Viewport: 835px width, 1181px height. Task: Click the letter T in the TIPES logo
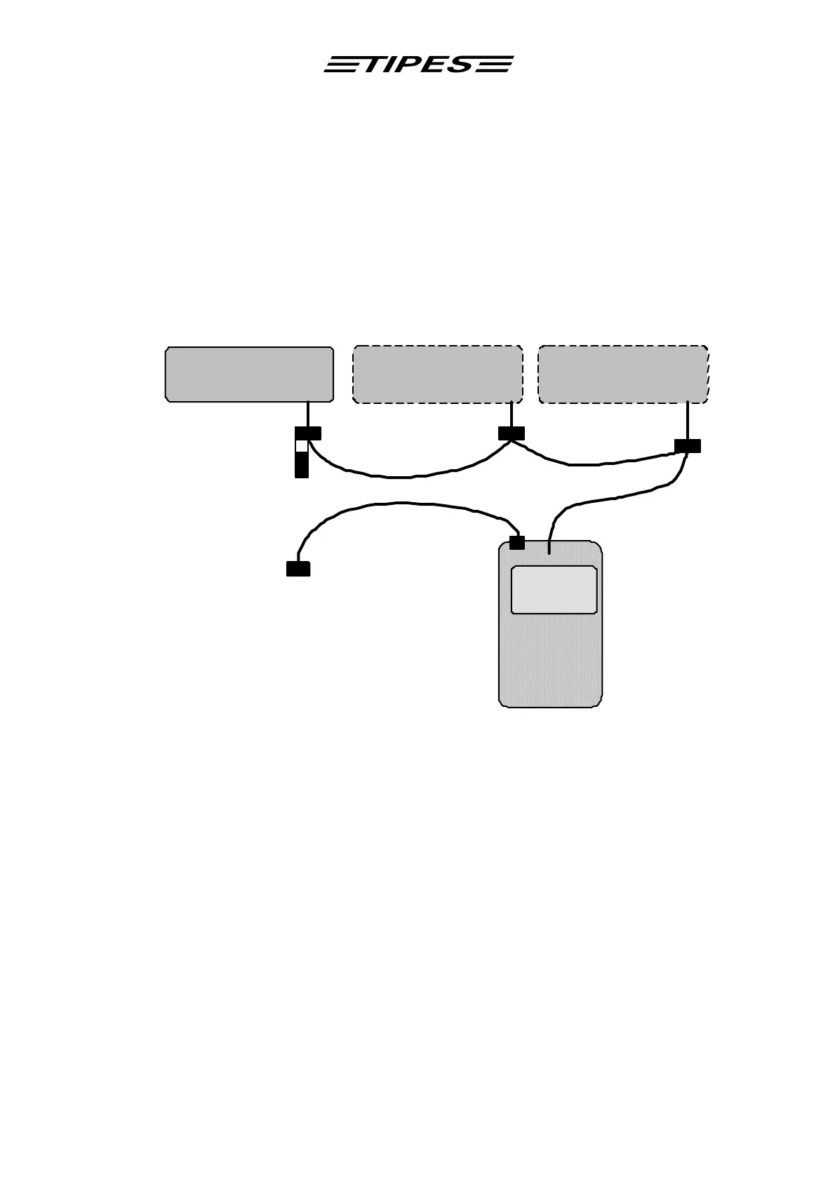(x=372, y=65)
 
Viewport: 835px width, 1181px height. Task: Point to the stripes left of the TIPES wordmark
(x=341, y=65)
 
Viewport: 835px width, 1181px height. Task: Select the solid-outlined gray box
(x=249, y=374)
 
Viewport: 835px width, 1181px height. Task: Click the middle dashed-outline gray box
(x=437, y=374)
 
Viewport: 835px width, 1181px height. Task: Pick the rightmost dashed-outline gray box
(x=623, y=374)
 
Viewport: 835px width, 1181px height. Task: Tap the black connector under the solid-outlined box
(x=308, y=433)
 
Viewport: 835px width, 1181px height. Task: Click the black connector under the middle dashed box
(x=512, y=433)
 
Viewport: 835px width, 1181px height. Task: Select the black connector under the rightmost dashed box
(x=688, y=446)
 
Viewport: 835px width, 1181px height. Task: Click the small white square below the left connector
(x=302, y=446)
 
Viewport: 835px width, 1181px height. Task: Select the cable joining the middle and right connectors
(x=596, y=464)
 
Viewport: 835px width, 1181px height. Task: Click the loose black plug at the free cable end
(x=298, y=569)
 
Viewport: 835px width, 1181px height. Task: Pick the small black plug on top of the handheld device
(x=517, y=543)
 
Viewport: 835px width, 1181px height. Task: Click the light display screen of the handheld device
(x=554, y=590)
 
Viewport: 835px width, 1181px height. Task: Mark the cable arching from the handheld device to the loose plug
(x=400, y=503)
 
